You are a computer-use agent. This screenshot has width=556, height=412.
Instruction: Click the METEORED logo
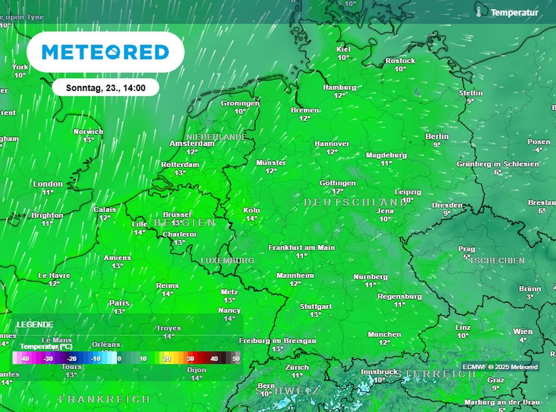pos(105,52)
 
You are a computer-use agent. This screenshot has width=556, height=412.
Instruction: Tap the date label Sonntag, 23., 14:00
pos(105,87)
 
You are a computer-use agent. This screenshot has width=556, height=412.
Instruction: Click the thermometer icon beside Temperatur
pos(479,11)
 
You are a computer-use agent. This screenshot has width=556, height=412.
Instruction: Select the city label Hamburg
pos(339,87)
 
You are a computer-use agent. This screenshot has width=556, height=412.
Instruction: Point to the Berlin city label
pos(437,136)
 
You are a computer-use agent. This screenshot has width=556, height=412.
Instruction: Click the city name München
pos(384,334)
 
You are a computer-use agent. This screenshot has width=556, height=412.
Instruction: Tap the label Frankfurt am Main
pos(301,247)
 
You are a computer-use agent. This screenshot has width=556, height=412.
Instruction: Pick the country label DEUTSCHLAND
pos(355,202)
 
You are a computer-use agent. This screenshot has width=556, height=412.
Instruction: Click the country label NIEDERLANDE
pos(216,137)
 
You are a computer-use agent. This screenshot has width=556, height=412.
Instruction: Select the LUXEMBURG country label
pos(228,260)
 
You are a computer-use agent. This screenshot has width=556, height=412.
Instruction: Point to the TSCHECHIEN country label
pos(497,260)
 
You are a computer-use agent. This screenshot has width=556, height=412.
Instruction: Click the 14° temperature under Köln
pos(251,219)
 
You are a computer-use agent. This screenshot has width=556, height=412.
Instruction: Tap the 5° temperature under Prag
pos(466,257)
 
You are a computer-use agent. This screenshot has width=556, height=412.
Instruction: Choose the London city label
pos(48,184)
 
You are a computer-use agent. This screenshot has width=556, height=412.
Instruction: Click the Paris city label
pos(119,303)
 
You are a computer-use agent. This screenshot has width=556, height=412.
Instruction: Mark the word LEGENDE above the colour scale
pos(35,324)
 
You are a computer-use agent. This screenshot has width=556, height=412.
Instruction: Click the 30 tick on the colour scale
pos(191,359)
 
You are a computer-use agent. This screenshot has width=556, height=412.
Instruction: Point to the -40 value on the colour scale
pos(24,359)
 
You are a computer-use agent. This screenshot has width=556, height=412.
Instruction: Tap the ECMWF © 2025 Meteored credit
pos(500,367)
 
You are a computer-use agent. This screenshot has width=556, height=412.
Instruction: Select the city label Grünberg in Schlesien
pos(497,164)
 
